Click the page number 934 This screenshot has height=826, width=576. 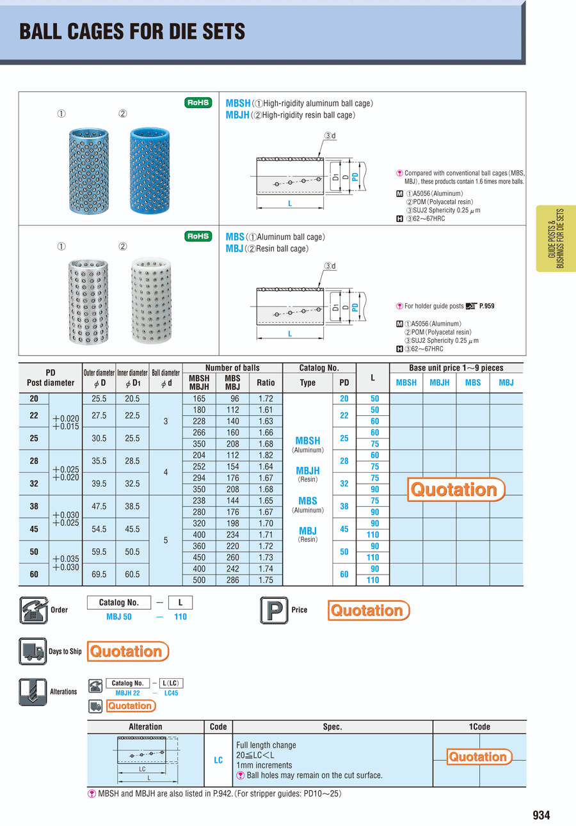coord(541,815)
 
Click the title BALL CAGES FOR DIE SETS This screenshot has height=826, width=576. coord(132,31)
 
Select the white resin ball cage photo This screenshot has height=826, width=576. coord(152,300)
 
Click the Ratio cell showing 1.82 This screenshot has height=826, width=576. coord(266,455)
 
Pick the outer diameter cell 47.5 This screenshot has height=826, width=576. coord(99,506)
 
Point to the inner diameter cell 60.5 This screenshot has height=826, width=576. coord(132,575)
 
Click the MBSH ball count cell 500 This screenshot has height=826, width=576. coord(199,580)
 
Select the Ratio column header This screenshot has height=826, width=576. coord(266,383)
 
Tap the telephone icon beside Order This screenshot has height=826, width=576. coord(33,610)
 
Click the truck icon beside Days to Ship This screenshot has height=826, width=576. coord(32,651)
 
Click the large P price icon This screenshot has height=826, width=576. coord(274,610)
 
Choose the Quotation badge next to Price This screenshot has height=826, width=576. coord(368,610)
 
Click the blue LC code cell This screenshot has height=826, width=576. coord(218,760)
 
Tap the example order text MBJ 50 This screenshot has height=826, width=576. coord(119,617)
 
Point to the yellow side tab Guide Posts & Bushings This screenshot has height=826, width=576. coord(556,238)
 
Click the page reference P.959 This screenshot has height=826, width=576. coord(486,306)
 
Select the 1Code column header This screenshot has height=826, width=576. coord(479,727)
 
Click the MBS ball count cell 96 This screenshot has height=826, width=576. coord(232,398)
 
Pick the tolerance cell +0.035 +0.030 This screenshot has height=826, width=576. coord(66,563)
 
